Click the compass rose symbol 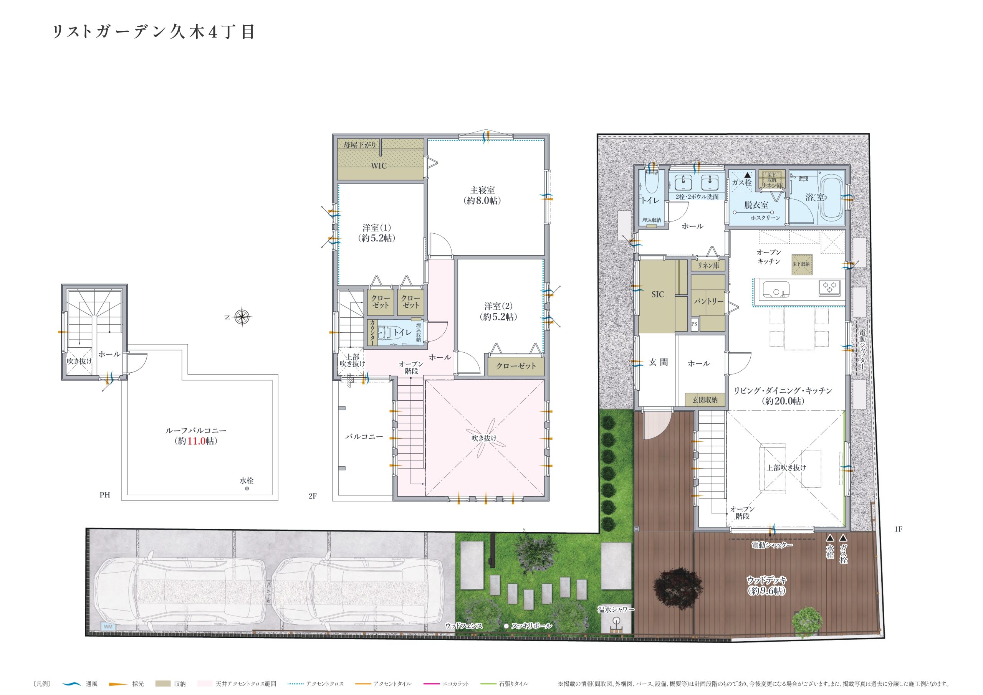pos(242,317)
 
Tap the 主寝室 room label pos(483,190)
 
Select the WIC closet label pos(379,166)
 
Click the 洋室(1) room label pos(376,228)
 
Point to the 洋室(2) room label pos(498,306)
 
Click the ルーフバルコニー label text pos(196,431)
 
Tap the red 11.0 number pos(197,441)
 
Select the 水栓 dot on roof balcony pos(247,488)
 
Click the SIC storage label pos(658,294)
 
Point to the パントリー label pos(708,301)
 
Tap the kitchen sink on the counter pos(776,290)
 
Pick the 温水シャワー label pos(616,609)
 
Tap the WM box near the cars pos(108,627)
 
